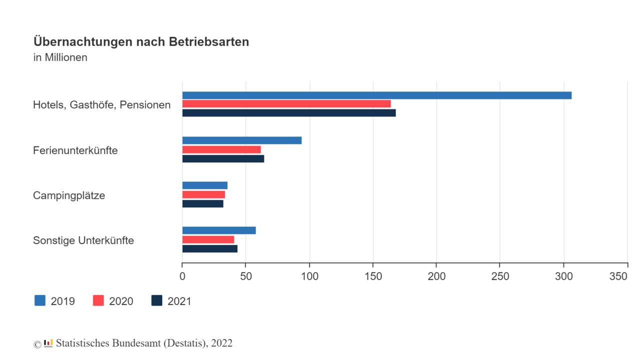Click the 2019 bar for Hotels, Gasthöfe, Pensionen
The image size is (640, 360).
(x=376, y=95)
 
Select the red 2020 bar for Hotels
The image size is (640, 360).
(x=286, y=104)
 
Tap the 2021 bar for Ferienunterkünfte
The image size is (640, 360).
(x=223, y=159)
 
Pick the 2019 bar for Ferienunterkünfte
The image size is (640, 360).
(x=241, y=140)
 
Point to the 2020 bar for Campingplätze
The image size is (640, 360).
(x=203, y=194)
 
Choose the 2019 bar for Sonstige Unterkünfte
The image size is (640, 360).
(x=219, y=230)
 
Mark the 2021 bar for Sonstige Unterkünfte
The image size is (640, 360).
(x=209, y=248)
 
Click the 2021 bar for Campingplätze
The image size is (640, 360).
(x=202, y=203)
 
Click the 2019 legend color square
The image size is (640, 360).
(x=40, y=300)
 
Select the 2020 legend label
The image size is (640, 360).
(x=121, y=301)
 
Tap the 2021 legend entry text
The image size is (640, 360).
(x=179, y=301)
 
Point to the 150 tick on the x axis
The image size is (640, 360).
(x=373, y=276)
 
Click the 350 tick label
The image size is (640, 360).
(x=627, y=276)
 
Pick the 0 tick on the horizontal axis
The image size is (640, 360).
(x=182, y=276)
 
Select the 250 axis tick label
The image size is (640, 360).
(x=500, y=276)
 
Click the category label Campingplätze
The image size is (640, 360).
(x=69, y=195)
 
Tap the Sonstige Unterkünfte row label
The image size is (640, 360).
(x=83, y=240)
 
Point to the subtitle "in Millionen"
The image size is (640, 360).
(x=60, y=57)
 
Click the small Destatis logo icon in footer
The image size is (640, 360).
(x=48, y=343)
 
